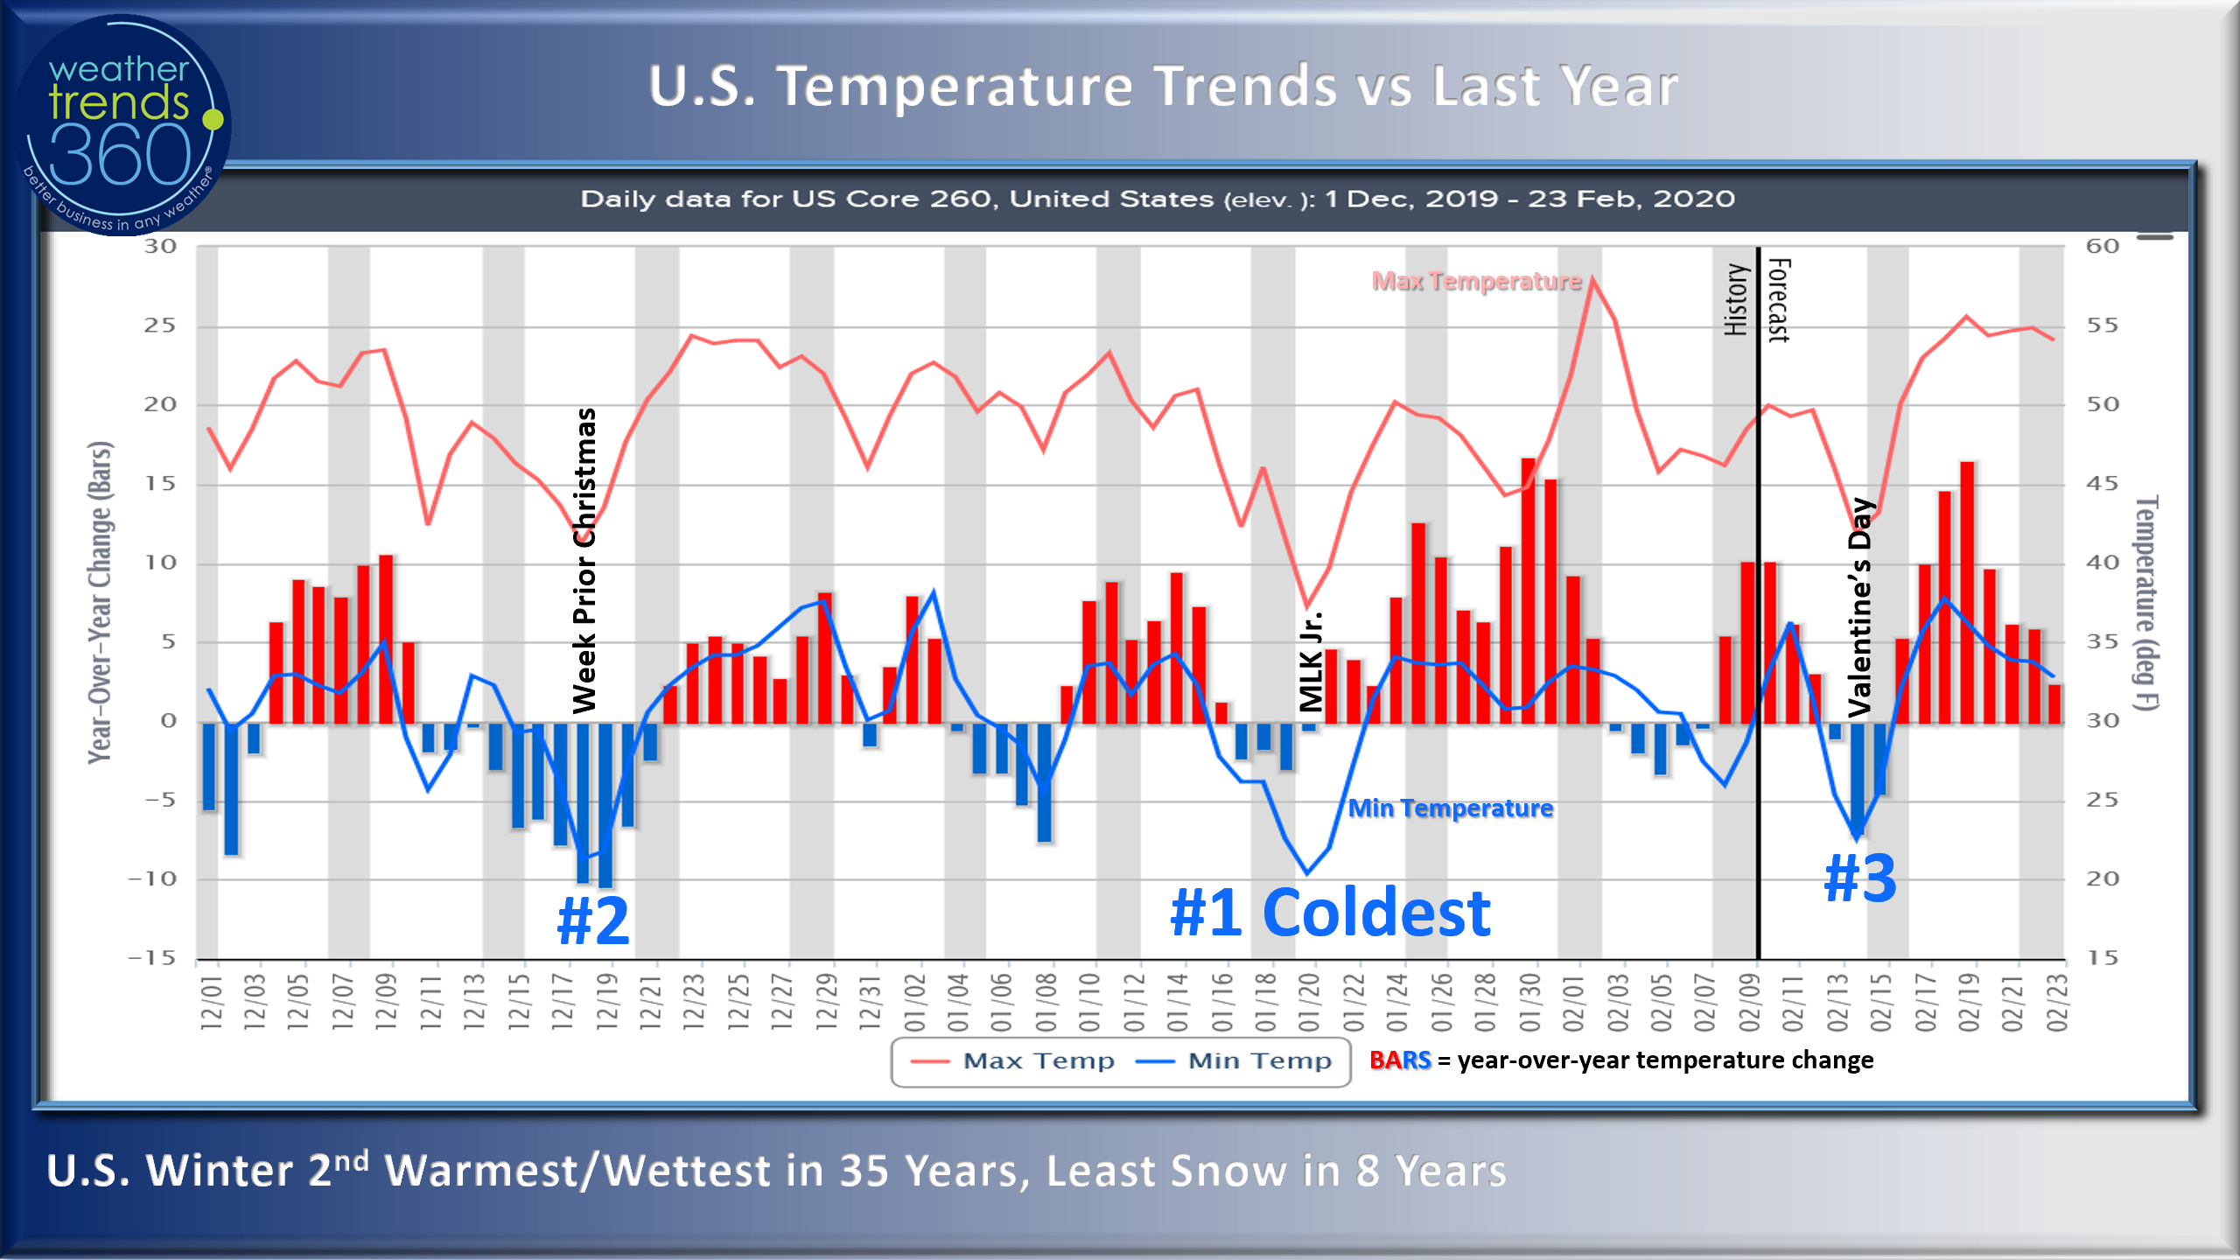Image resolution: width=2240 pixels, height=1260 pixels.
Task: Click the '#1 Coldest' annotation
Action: tap(1330, 913)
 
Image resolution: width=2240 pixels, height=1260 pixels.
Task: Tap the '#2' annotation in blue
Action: tap(593, 920)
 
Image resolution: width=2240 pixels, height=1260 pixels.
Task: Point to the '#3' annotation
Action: tap(1860, 878)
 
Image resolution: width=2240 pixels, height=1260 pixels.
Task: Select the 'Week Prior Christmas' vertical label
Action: tap(584, 560)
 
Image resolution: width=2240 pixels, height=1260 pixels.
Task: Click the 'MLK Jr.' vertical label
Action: tap(1310, 661)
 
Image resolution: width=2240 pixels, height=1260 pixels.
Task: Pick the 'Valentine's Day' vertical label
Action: tap(1860, 607)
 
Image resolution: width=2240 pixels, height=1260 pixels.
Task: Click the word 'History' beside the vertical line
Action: tap(1736, 299)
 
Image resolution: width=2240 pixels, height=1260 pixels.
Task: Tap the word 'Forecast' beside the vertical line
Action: tap(1780, 299)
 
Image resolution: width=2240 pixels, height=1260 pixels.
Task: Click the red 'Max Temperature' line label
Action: tap(1477, 282)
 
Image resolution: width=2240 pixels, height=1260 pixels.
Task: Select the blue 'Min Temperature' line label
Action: tap(1451, 808)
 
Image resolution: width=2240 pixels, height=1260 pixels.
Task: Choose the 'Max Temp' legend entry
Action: tap(1015, 1061)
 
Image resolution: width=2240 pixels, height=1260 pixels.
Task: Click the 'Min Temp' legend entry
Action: tap(1235, 1061)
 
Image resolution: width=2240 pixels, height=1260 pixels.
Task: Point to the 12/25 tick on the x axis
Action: tap(738, 1001)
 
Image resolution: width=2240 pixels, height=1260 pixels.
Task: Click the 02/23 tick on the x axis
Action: tap(2056, 1001)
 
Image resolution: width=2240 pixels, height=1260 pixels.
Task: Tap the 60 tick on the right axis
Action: tap(2102, 247)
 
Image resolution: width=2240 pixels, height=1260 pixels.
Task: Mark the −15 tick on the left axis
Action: tap(152, 958)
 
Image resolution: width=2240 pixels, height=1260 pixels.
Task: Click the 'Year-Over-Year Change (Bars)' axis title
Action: tap(100, 602)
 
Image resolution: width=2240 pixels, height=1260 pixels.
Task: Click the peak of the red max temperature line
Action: tap(1593, 279)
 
